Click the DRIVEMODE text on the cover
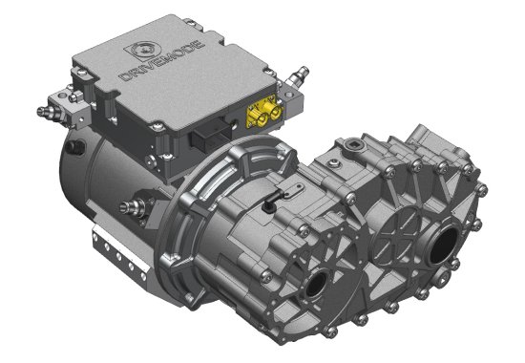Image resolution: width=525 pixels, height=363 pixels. click(162, 61)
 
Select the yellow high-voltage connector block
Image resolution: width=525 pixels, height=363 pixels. click(265, 112)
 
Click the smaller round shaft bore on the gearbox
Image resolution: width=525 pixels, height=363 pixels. click(315, 284)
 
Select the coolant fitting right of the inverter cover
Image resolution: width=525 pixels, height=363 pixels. click(298, 75)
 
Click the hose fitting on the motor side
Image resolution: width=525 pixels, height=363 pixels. click(133, 206)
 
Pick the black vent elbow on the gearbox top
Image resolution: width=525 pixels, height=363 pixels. click(269, 203)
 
